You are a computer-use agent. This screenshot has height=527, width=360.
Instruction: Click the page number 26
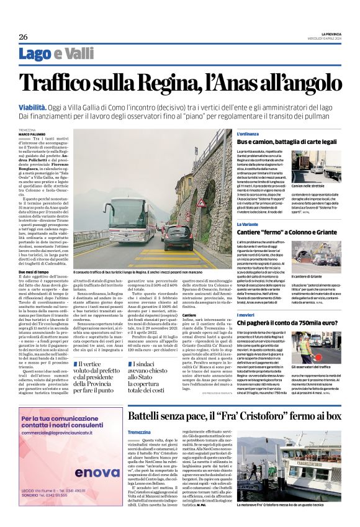tap(23, 37)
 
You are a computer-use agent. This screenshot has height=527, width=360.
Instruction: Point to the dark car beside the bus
tap(178, 236)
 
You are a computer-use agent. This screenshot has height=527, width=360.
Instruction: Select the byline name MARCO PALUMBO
tap(32, 133)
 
